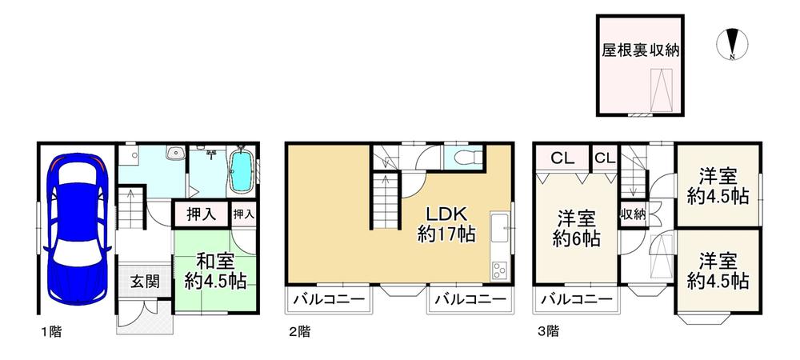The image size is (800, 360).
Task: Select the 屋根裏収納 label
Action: (x=640, y=50)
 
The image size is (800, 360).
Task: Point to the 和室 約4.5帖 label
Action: (x=215, y=271)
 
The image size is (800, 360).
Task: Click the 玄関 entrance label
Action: (x=144, y=281)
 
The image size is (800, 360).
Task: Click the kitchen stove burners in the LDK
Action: (x=498, y=270)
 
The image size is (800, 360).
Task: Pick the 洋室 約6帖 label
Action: (x=576, y=229)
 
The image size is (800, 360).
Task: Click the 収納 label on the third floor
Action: (x=632, y=214)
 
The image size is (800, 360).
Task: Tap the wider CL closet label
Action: (x=562, y=158)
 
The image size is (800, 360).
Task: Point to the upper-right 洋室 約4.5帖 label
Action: (x=718, y=186)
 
